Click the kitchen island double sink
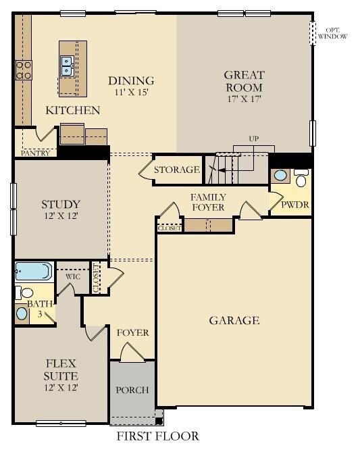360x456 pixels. (x=67, y=66)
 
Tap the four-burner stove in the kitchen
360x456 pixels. (x=24, y=70)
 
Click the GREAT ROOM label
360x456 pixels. (x=245, y=81)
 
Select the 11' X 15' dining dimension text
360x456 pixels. (x=132, y=93)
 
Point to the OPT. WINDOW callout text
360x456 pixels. (x=333, y=34)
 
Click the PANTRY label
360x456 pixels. (x=36, y=153)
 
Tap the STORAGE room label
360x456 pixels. (x=177, y=170)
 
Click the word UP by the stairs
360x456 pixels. (x=253, y=138)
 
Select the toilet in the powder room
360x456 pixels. (x=301, y=178)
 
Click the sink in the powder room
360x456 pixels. (x=280, y=176)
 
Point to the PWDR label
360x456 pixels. (x=295, y=205)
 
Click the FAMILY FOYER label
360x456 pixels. (x=208, y=203)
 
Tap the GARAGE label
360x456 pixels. (x=234, y=320)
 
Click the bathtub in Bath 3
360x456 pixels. (x=34, y=272)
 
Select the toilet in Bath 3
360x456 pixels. (x=24, y=293)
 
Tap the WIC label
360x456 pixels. (x=73, y=276)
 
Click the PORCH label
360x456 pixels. (x=132, y=390)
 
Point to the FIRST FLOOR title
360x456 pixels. (x=158, y=436)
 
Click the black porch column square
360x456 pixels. (x=159, y=420)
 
